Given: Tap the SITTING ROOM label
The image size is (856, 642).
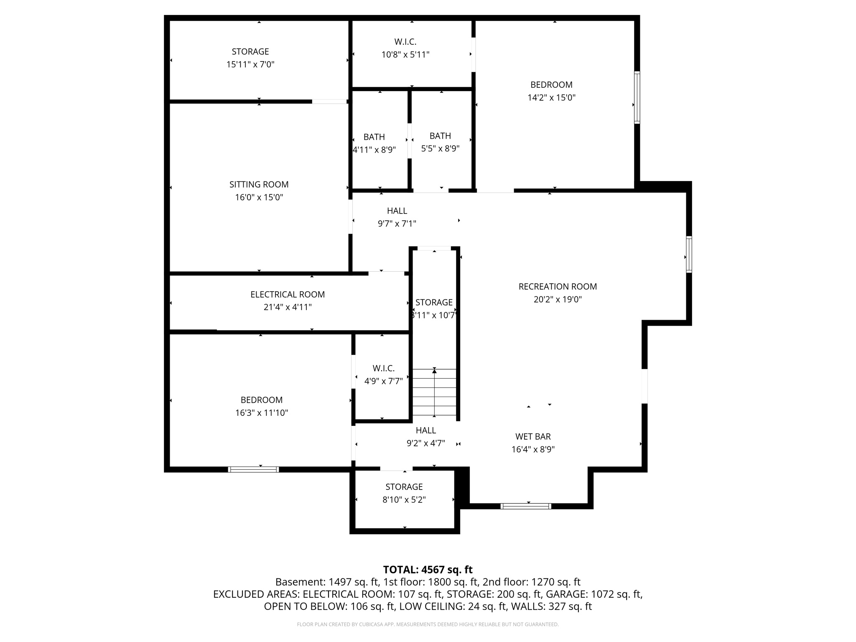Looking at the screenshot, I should pos(259,184).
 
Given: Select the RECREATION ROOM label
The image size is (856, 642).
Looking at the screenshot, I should pos(558,286).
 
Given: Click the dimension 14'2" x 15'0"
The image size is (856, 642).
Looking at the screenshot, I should pos(551,98).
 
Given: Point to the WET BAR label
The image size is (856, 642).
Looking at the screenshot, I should pos(533,436).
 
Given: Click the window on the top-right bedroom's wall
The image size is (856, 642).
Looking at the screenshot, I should pos(637,97).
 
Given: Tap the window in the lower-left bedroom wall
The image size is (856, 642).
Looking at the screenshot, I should pos(253,469).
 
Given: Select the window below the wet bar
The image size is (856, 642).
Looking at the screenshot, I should pos(525,506).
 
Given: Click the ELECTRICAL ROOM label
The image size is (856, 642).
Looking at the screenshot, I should pos(288,294).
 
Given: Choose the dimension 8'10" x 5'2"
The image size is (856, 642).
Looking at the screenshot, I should pos(404,500).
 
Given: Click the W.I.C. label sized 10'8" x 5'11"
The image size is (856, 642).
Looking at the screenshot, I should pos(405,42).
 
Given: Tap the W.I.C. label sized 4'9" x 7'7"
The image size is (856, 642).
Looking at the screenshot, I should pos(383,368).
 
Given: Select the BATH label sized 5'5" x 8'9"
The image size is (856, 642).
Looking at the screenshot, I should pos(440,136).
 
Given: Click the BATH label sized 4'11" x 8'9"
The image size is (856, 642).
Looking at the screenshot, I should pos(374,137).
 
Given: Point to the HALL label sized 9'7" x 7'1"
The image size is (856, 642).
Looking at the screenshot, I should pos(397,211).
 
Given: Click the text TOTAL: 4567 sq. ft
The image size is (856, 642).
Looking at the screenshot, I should pos(428,570).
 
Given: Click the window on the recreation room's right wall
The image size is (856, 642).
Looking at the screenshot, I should pos(688,255).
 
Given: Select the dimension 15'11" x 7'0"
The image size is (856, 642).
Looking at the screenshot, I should pos(250,64).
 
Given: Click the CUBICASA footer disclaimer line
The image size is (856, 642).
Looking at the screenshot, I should pos(428,624).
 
